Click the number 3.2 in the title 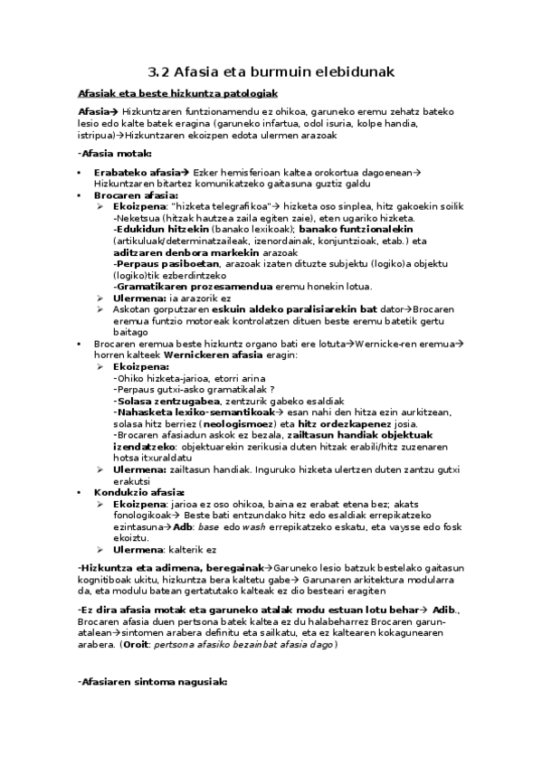click(x=157, y=71)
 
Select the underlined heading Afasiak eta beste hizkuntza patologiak click(x=177, y=94)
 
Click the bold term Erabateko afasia click(x=136, y=172)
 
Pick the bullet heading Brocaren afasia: click(x=136, y=194)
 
